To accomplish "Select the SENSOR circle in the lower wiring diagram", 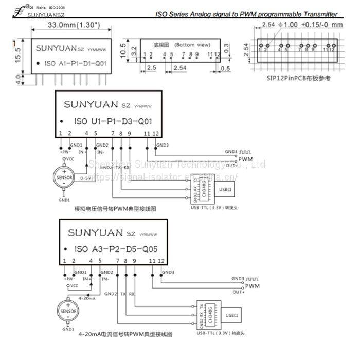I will pos(67,311).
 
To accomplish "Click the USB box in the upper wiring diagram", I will pos(224,190).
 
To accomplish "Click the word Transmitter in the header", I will pos(319,14).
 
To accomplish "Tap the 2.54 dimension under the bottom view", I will pos(180,67).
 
